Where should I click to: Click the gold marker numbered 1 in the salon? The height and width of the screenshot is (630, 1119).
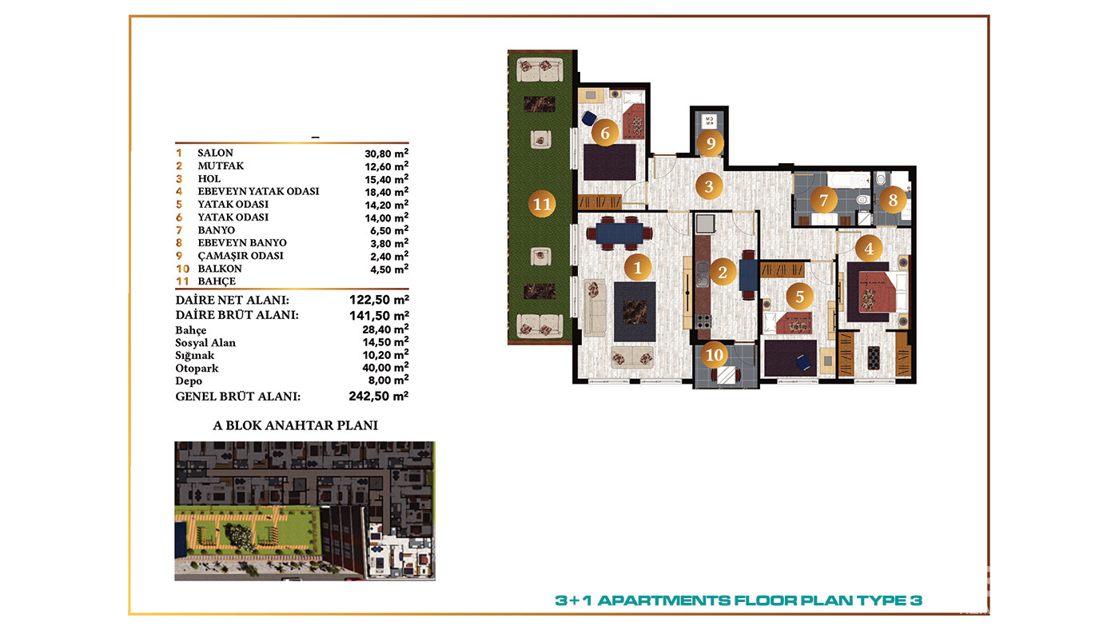pos(638,268)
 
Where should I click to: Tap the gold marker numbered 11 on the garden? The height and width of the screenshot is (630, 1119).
pos(542,204)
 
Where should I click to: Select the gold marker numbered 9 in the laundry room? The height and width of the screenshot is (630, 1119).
pos(711,143)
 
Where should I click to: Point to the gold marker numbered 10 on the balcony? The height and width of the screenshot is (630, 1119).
pos(715,355)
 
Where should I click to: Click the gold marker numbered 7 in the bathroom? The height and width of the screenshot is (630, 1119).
pos(823,201)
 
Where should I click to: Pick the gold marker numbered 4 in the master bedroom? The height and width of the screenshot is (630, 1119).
pos(869,249)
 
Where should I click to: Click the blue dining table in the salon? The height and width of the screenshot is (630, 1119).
pos(619,233)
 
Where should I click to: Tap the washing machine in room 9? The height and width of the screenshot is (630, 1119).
pos(709,121)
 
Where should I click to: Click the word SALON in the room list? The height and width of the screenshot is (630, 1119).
pos(215,153)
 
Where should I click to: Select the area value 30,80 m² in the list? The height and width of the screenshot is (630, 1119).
pos(386,153)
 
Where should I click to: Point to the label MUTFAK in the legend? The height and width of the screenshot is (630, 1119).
pos(221,165)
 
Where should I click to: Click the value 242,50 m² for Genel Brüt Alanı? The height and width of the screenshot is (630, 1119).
pos(378,397)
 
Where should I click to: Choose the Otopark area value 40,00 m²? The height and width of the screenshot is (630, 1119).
pos(385,368)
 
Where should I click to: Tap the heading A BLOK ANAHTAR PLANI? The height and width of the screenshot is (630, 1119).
pos(295,425)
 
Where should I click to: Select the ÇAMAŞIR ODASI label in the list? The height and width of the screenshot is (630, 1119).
pos(241,256)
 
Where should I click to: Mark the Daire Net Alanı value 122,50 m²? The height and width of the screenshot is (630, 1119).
pos(379,300)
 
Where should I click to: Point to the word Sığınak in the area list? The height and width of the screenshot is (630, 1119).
pos(194,356)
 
